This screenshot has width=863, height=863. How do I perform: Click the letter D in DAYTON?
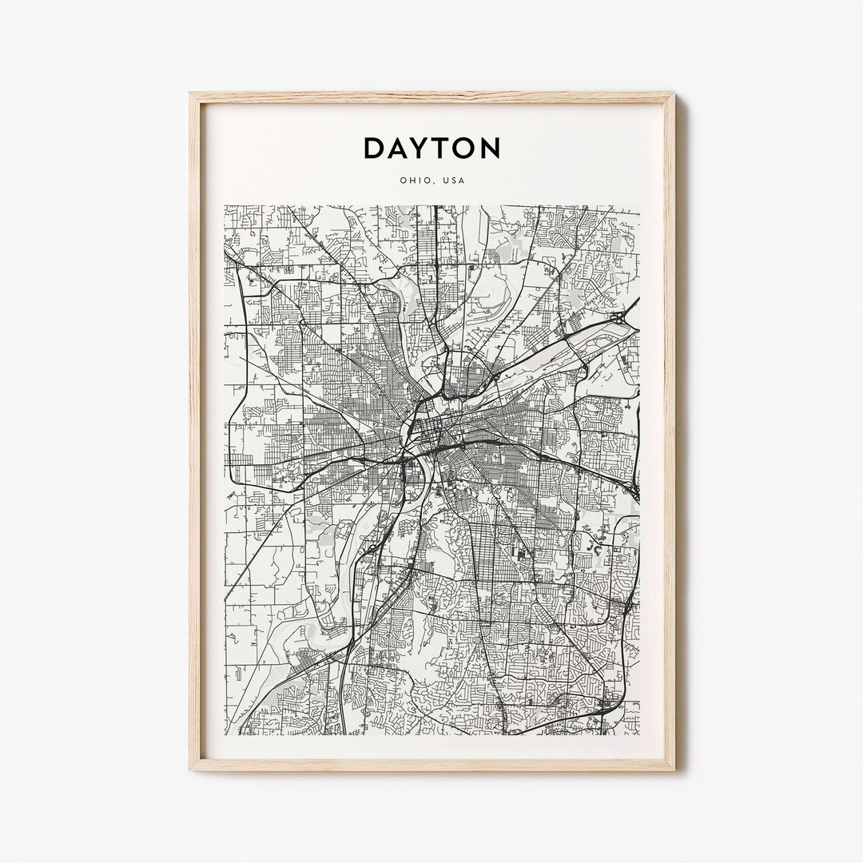[x=376, y=148]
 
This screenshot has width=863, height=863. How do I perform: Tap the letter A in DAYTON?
[x=401, y=148]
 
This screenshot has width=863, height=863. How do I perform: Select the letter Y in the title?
[x=425, y=148]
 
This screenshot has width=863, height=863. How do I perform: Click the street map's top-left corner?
[x=225, y=206]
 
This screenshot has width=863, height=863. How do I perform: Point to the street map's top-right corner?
[x=638, y=206]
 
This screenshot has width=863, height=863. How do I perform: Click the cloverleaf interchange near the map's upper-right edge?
[x=620, y=319]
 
